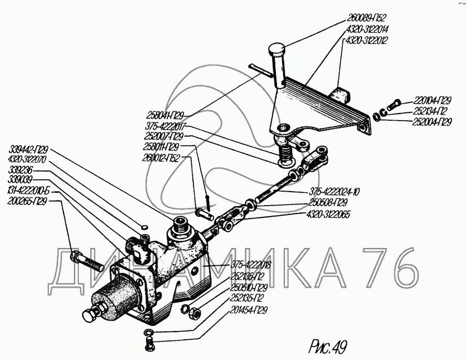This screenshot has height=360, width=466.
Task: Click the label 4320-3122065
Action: [324, 212]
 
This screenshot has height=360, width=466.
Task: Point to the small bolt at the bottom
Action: [149, 342]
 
